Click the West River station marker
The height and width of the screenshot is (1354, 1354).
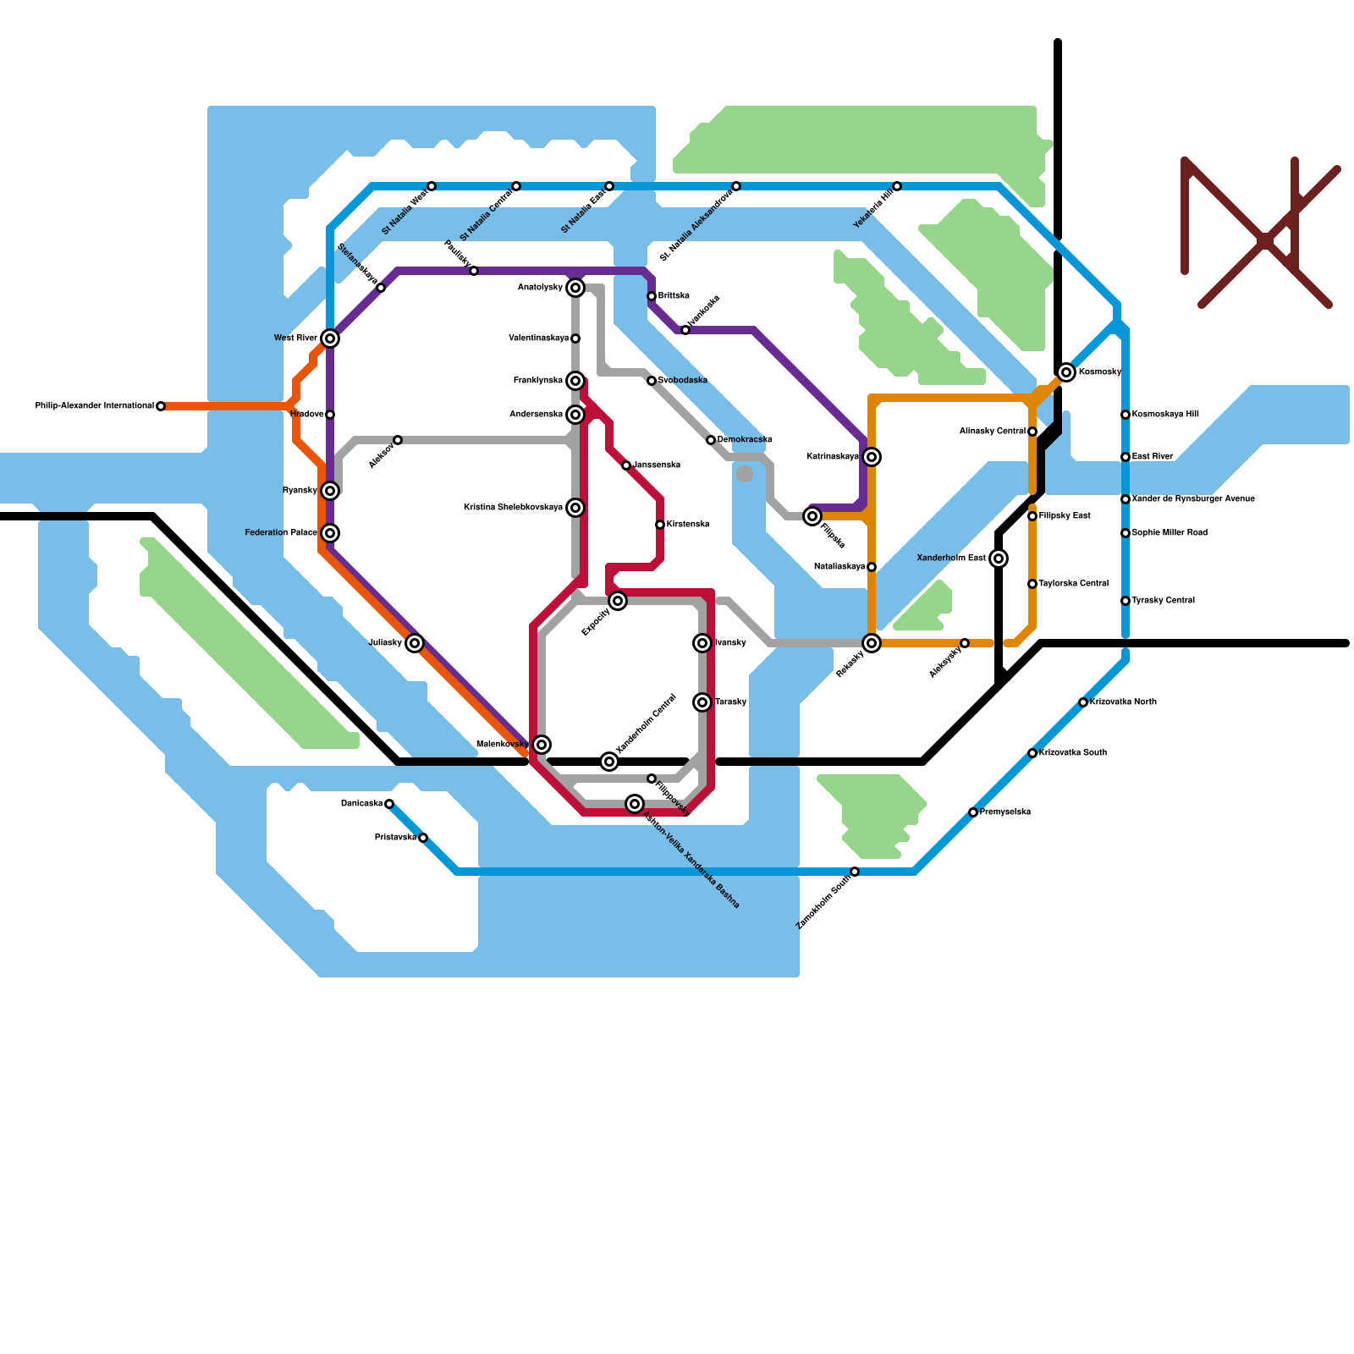click(330, 338)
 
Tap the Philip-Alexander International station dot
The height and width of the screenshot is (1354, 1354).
click(161, 406)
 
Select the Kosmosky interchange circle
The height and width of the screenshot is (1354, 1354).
click(1066, 372)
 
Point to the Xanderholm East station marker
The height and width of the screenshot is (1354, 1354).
click(999, 559)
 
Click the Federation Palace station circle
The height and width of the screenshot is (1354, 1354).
click(330, 533)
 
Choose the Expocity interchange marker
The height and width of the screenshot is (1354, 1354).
click(618, 601)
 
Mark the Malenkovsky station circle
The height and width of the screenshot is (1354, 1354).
click(542, 745)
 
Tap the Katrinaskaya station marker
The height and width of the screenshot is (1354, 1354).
click(872, 457)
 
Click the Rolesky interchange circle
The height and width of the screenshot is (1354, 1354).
click(872, 643)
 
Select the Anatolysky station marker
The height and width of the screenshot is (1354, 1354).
click(575, 288)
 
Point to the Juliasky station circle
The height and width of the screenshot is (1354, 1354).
click(414, 643)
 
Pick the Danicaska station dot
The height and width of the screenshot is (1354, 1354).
click(389, 804)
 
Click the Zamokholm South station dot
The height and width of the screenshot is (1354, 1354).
click(855, 872)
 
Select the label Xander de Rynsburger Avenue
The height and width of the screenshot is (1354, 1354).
click(1193, 499)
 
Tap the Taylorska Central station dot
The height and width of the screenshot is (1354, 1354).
click(1032, 584)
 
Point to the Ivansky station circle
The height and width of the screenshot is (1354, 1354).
click(702, 643)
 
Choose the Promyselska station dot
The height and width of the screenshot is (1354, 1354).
click(973, 812)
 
